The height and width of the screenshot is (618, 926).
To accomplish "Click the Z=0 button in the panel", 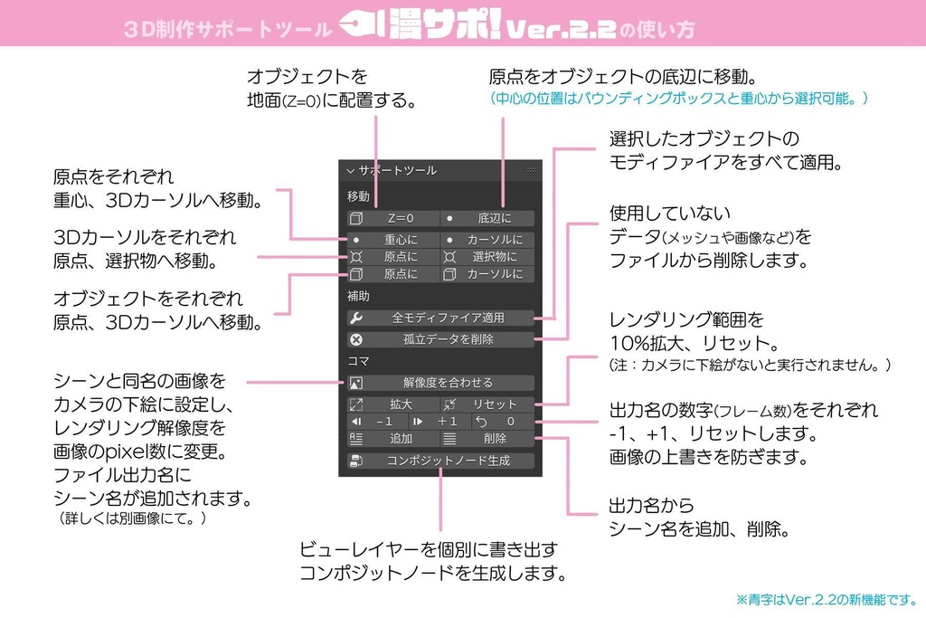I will point(393,218).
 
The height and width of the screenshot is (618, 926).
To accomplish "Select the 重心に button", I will point(393,240).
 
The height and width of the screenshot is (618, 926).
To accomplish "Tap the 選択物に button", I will point(487,257).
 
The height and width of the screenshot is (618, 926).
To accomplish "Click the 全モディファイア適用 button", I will point(440,318).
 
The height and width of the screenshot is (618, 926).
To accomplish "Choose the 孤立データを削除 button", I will point(440,339).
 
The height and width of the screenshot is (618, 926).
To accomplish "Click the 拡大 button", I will point(393,404).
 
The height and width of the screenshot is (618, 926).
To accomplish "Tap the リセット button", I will point(487,404).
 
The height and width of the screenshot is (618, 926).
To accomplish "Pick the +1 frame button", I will point(439,422).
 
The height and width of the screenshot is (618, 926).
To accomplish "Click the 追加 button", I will point(393,438).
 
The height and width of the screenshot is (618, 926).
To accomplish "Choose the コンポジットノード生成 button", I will point(440,461).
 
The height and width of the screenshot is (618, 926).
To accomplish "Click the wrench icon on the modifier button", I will point(356,318).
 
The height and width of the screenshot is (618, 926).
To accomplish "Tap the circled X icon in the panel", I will point(356,340).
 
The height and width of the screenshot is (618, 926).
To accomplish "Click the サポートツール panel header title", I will point(397,170).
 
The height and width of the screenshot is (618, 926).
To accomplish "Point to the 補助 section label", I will point(358,296).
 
